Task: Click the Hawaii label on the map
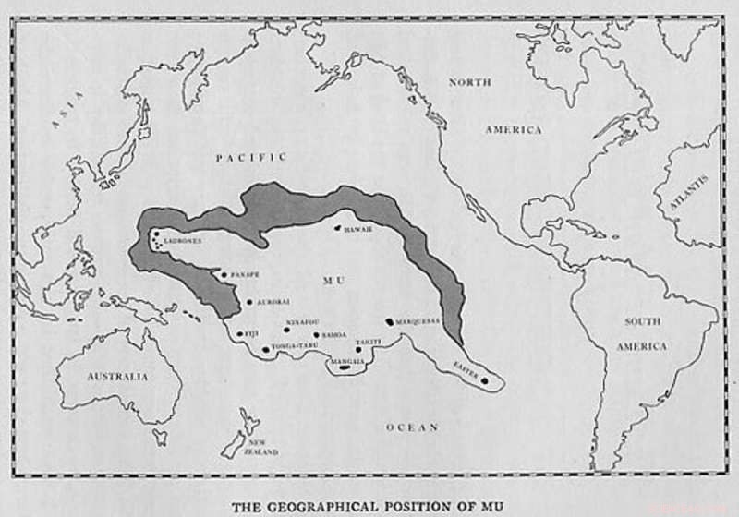[357, 229]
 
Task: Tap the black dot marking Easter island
[484, 380]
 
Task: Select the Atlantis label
[688, 192]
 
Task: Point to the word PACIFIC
[251, 158]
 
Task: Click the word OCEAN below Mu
[411, 427]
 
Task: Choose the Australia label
[116, 377]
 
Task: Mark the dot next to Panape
[224, 274]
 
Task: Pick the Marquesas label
[418, 322]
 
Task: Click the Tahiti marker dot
[358, 350]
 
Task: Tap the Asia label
[66, 110]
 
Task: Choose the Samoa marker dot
[317, 335]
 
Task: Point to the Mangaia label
[347, 361]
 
